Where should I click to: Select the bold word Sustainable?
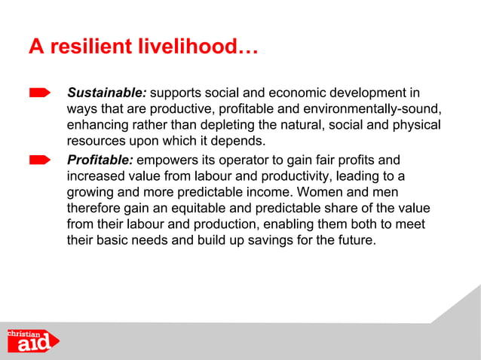click(107, 94)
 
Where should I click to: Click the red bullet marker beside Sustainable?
click(40, 93)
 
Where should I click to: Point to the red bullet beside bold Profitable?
click(40, 160)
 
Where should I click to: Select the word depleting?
click(219, 126)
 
